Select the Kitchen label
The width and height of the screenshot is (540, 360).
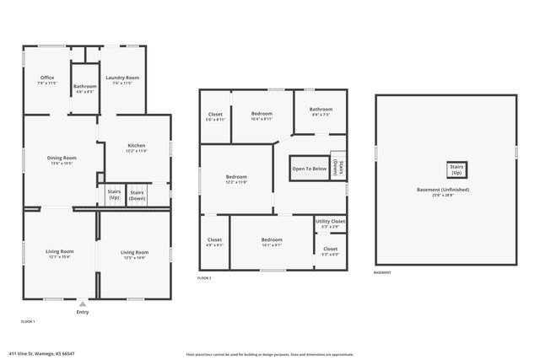point(136,148)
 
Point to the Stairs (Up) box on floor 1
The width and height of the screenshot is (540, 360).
point(114,195)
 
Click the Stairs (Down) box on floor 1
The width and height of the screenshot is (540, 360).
point(137,195)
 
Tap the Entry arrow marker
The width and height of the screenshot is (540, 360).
point(82,302)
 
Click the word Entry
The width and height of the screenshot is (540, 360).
point(82,312)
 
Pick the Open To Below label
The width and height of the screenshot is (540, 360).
point(309,169)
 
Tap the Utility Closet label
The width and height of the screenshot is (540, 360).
point(330,223)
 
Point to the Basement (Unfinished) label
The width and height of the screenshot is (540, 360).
point(446,192)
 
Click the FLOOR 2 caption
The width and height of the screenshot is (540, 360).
point(204,277)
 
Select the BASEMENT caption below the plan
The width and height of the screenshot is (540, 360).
point(382,272)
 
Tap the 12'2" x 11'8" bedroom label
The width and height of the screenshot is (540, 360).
point(236,179)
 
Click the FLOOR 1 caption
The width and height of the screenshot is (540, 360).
point(28,321)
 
